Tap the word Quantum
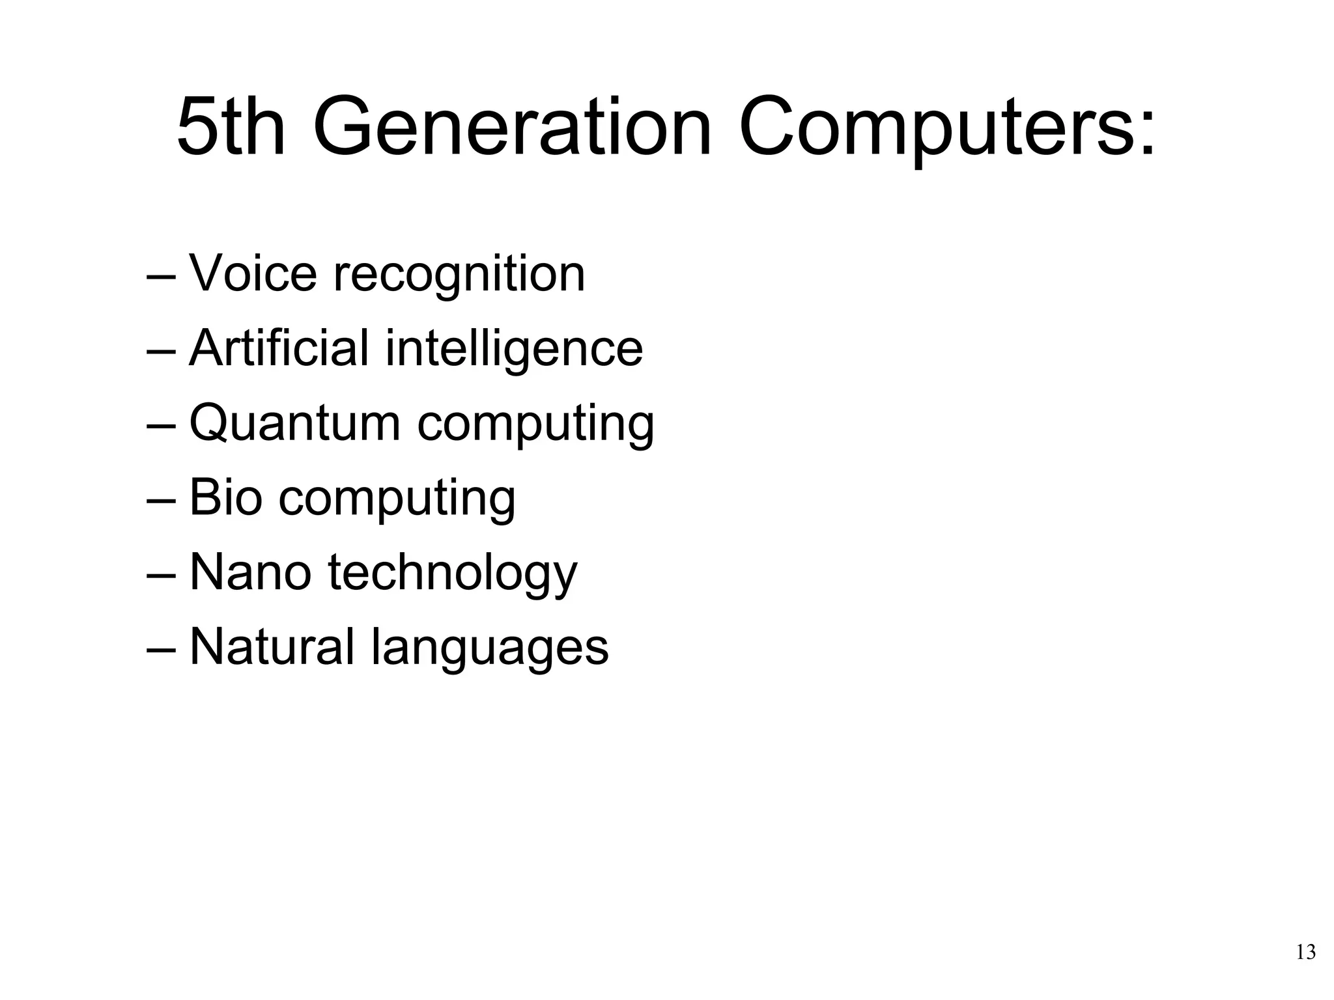click(294, 424)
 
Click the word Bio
click(225, 497)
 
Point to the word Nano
click(250, 573)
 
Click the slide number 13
click(1305, 952)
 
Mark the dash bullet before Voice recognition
click(161, 277)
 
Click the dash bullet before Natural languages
click(161, 650)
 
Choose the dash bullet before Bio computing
click(161, 501)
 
